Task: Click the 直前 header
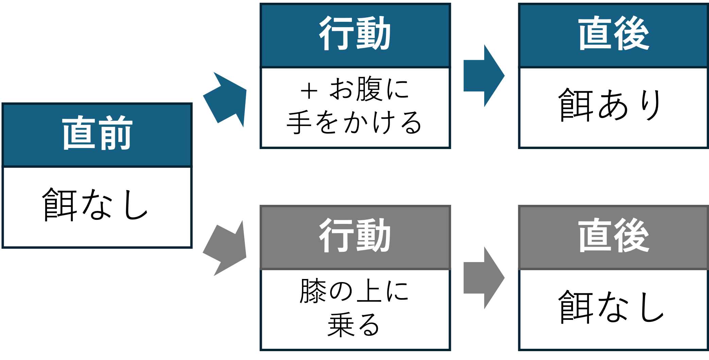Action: [x=97, y=133]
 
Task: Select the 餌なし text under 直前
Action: [x=95, y=205]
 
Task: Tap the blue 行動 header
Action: [x=355, y=33]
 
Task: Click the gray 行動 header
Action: [x=355, y=235]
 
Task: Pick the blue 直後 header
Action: [x=614, y=33]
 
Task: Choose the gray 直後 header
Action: [x=614, y=235]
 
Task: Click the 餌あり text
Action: [x=610, y=105]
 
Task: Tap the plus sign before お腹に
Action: [x=309, y=91]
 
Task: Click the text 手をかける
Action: [x=354, y=122]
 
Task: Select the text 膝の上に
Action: [x=354, y=291]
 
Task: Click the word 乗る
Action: [x=354, y=325]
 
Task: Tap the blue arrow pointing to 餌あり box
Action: [x=484, y=76]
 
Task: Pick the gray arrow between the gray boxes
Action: [x=484, y=278]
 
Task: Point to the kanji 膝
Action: [x=313, y=291]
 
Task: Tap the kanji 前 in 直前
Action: [x=115, y=133]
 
